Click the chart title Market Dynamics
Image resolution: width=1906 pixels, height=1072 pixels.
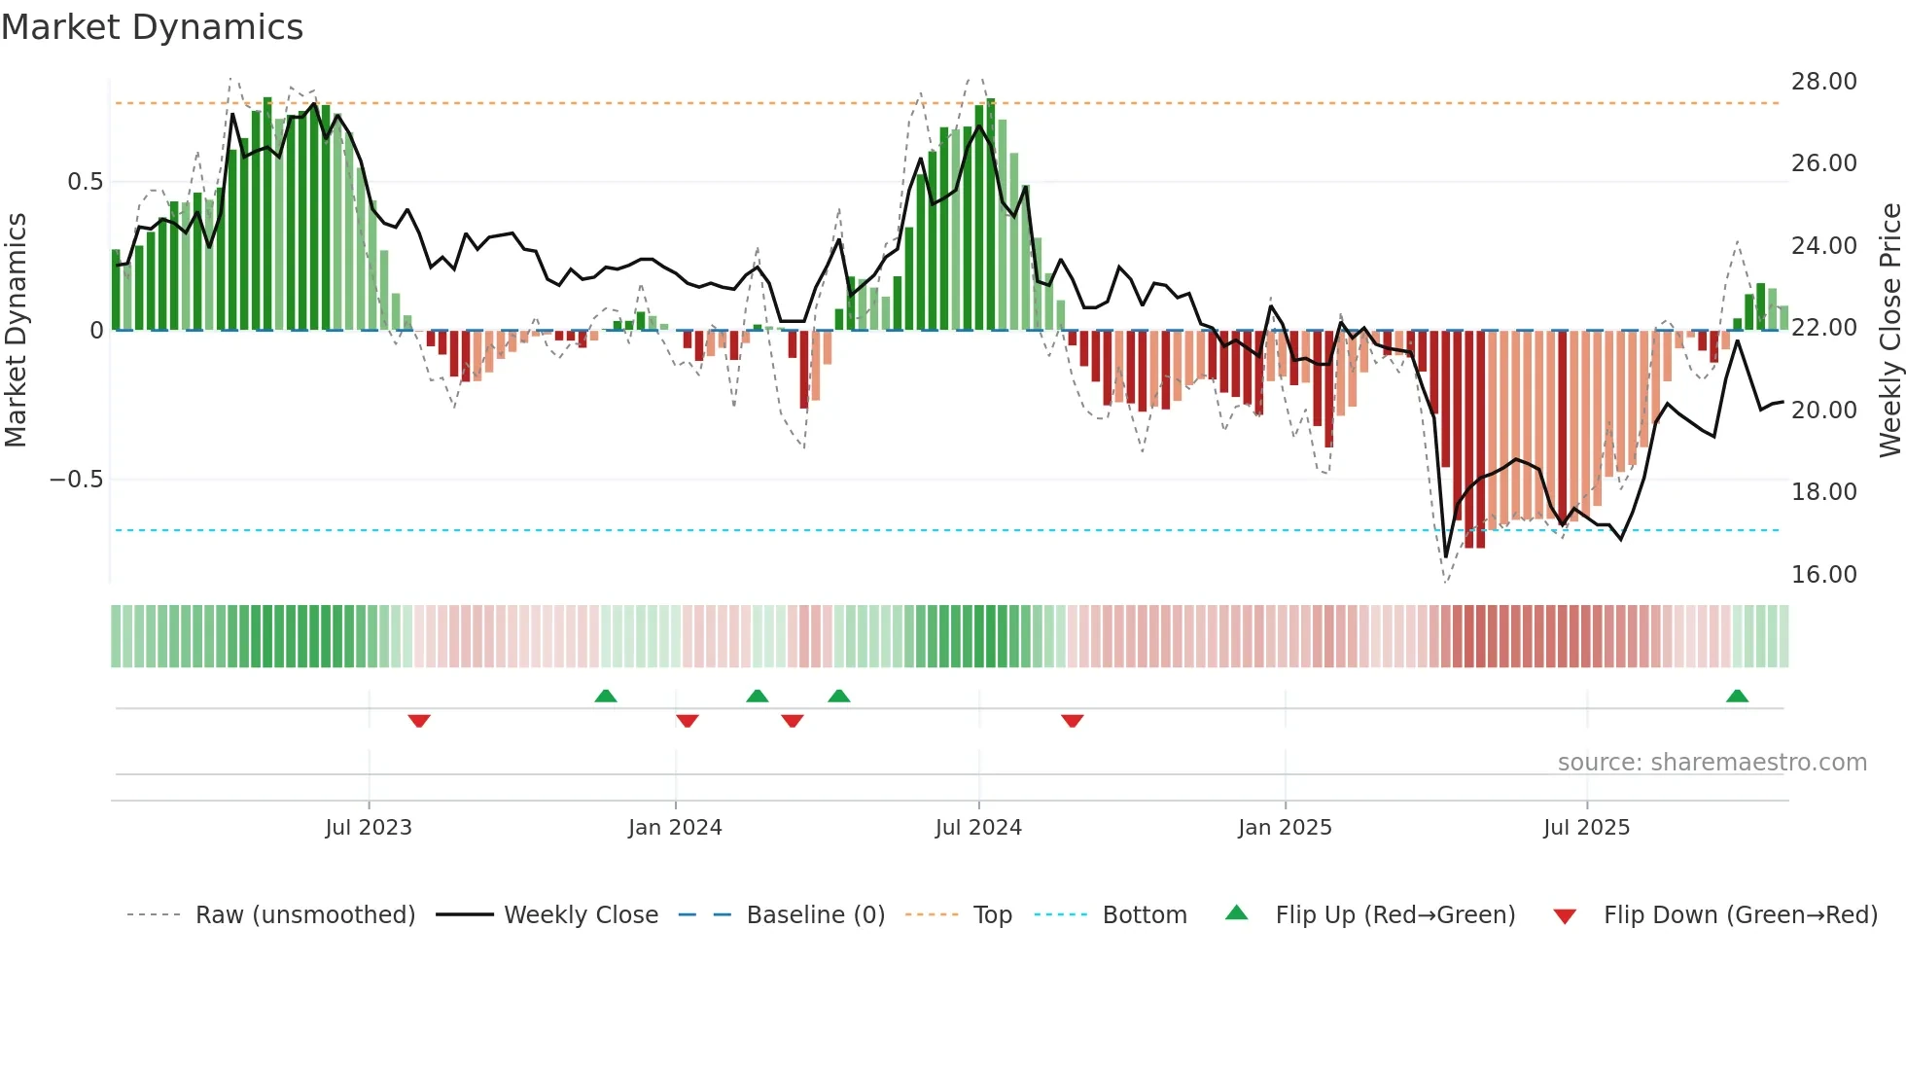152,27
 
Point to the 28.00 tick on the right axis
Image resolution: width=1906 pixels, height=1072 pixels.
1823,82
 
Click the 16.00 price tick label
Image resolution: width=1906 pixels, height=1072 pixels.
1823,575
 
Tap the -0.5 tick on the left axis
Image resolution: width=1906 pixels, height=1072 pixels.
76,480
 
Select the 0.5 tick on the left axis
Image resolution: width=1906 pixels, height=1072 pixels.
85,182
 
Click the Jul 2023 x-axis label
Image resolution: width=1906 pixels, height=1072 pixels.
369,828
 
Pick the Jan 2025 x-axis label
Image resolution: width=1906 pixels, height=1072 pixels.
1285,828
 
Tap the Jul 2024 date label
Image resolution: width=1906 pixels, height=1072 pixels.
978,828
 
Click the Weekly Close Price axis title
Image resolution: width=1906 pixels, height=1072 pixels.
1889,331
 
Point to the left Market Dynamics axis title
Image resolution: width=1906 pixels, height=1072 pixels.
16,331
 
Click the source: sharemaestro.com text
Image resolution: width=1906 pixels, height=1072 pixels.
1712,763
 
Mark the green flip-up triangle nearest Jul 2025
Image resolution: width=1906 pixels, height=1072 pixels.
1737,696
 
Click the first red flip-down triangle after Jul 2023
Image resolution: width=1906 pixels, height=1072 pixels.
419,721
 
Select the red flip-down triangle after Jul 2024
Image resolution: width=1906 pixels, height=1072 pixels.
1073,721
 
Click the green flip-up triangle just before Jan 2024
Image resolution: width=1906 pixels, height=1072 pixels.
606,696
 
